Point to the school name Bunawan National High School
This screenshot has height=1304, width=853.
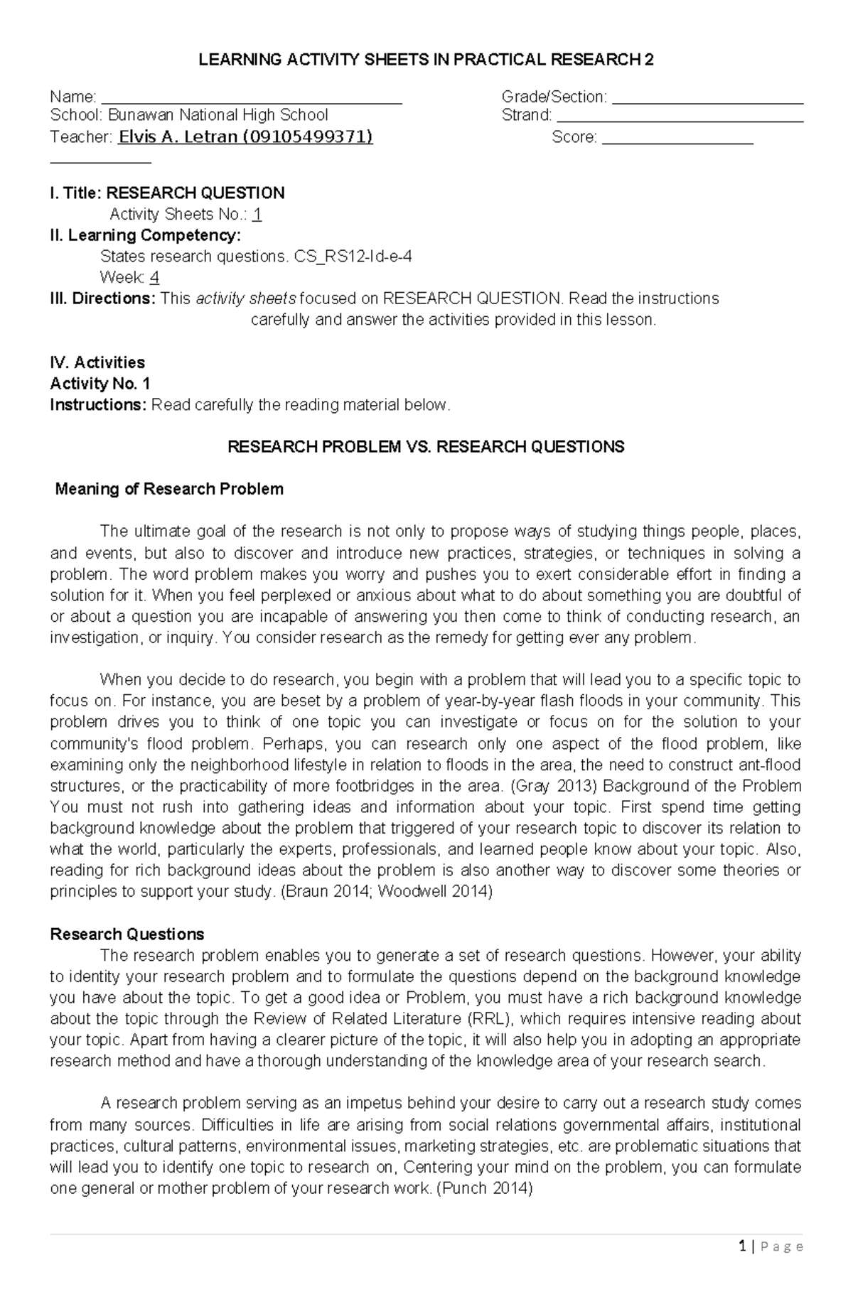click(218, 115)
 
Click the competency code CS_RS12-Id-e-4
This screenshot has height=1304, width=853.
click(353, 257)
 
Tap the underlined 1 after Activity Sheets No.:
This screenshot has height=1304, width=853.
click(257, 215)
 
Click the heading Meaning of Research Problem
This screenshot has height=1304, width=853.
click(169, 489)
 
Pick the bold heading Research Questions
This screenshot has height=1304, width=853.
click(127, 934)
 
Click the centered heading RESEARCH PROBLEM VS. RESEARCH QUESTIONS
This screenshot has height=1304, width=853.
click(425, 447)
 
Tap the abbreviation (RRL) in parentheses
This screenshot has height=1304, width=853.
click(490, 1018)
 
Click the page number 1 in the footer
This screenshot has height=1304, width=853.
click(742, 1266)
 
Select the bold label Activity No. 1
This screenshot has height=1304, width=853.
click(100, 384)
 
